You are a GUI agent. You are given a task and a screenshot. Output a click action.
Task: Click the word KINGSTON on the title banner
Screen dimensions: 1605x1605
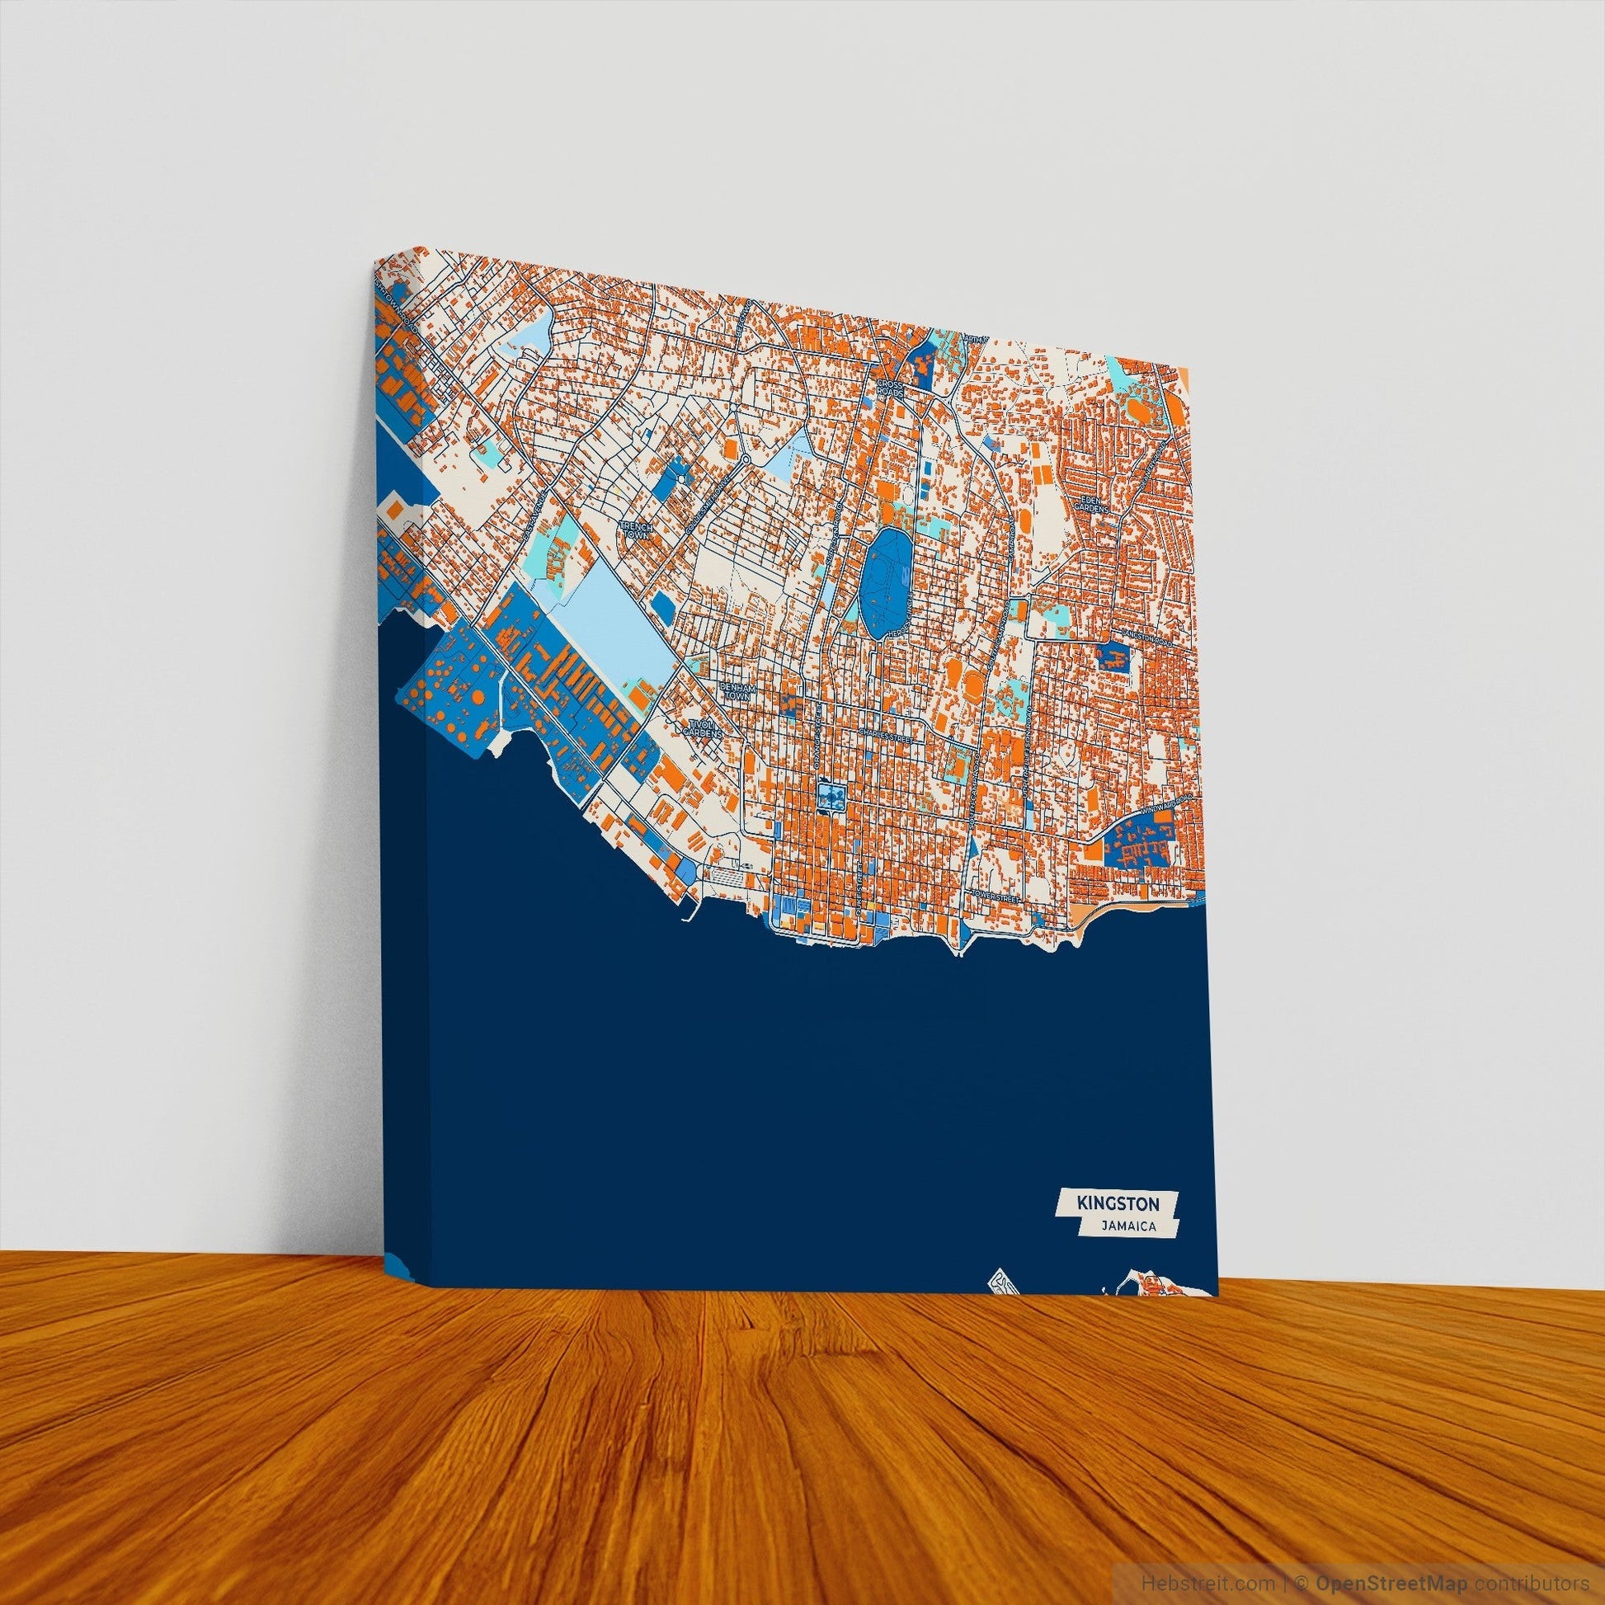[x=1115, y=1226]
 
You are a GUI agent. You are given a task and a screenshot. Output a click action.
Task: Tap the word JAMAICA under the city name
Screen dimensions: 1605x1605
[x=1127, y=1249]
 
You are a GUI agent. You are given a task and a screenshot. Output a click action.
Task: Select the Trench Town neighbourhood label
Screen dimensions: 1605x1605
[x=638, y=530]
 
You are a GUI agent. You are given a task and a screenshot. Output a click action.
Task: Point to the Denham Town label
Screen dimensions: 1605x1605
[x=734, y=691]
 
